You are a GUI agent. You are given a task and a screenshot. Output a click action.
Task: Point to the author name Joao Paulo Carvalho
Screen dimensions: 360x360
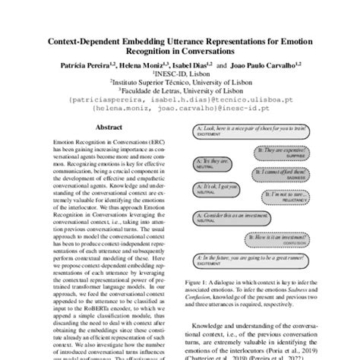(x=267, y=66)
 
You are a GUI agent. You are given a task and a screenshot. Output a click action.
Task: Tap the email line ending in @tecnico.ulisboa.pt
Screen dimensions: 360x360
(x=179, y=100)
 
